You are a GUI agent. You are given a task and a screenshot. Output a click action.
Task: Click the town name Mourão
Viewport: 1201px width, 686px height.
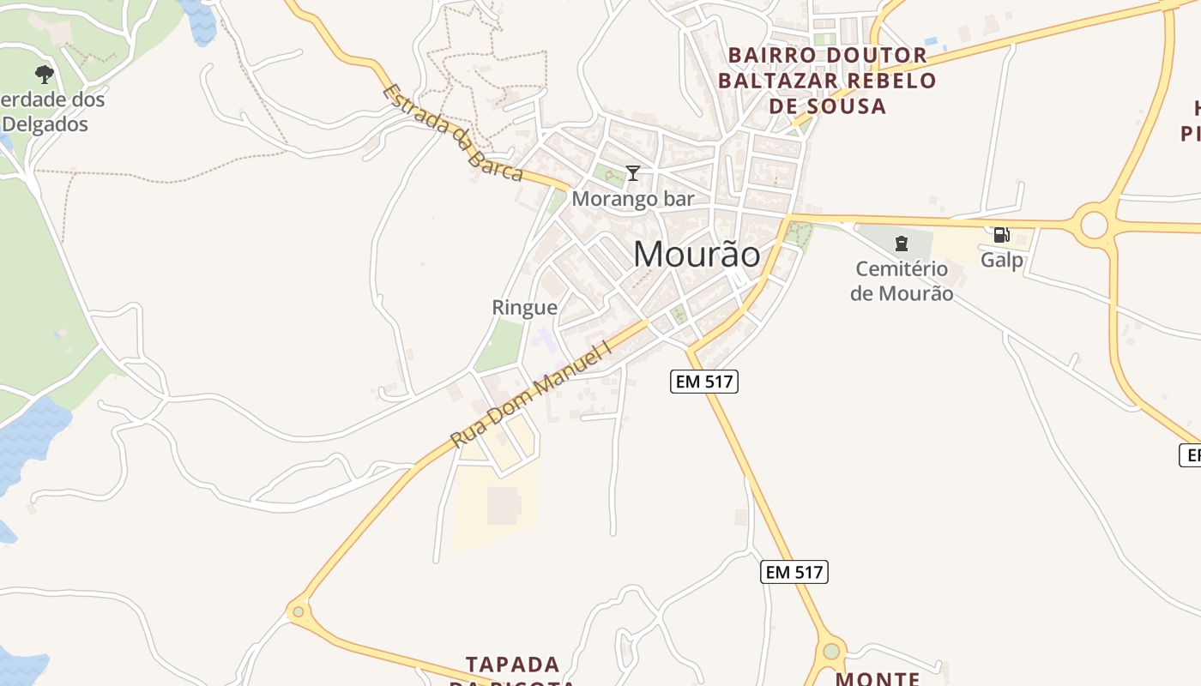(697, 255)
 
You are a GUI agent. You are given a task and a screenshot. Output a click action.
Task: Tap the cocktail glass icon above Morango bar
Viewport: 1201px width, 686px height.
(633, 173)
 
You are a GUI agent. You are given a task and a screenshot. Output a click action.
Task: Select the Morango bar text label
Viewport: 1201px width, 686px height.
(633, 199)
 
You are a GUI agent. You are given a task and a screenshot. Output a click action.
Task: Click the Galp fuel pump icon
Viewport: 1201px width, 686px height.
(1001, 235)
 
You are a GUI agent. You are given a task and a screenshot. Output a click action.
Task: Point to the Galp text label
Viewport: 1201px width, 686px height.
(1003, 259)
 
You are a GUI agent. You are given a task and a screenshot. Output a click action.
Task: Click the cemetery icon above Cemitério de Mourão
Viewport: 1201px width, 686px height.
(901, 244)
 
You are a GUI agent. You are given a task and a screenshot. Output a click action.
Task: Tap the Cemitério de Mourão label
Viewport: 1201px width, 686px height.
(901, 281)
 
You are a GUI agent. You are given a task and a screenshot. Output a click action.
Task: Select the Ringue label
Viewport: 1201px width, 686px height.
(524, 307)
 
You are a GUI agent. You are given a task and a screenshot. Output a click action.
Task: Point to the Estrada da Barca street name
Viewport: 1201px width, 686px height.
(452, 132)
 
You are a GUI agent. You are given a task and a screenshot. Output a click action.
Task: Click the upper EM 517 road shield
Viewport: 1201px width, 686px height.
(704, 382)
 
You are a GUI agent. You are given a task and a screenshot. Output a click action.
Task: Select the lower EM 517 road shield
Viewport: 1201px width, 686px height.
(794, 572)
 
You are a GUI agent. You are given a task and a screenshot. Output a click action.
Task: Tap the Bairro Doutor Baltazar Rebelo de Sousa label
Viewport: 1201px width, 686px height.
(827, 81)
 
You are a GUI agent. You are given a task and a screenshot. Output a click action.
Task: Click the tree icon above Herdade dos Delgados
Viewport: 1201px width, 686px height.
(45, 75)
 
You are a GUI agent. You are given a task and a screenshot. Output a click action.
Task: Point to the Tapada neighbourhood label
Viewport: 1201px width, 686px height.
(513, 665)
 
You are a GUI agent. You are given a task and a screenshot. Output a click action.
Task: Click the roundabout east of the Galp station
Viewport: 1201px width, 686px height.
(1094, 226)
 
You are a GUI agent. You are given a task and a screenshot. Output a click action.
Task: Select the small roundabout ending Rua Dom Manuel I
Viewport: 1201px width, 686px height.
(299, 611)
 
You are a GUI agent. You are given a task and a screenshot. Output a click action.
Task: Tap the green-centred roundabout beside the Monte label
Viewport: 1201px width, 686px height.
(830, 652)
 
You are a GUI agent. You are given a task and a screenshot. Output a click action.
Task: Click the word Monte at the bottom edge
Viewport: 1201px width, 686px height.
(878, 678)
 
